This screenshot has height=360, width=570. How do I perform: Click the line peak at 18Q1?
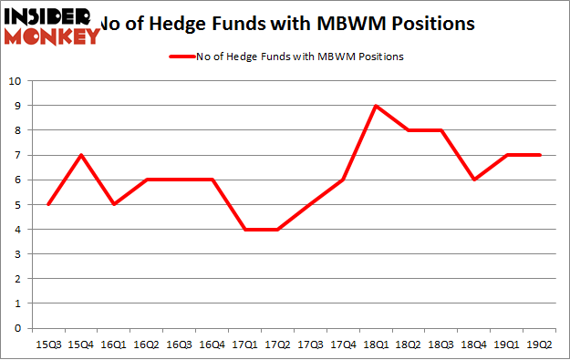[x=376, y=106]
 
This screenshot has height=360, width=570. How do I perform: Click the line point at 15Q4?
[x=80, y=155]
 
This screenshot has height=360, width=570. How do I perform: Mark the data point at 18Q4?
[x=474, y=180]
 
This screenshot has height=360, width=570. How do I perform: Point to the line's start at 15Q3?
[x=47, y=204]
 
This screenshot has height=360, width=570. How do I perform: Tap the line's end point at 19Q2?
[x=540, y=155]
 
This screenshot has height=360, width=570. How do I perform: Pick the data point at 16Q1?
[x=113, y=204]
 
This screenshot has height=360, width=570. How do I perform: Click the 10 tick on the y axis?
[x=15, y=81]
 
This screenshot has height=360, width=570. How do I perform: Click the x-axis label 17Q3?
[x=310, y=344]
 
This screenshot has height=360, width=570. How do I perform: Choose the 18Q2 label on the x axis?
[x=409, y=344]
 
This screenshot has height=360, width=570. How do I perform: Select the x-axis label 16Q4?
[x=212, y=344]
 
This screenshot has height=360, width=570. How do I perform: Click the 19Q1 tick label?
[x=507, y=344]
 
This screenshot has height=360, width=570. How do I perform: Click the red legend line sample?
[x=181, y=57]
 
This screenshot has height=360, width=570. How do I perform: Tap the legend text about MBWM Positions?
[x=300, y=57]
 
